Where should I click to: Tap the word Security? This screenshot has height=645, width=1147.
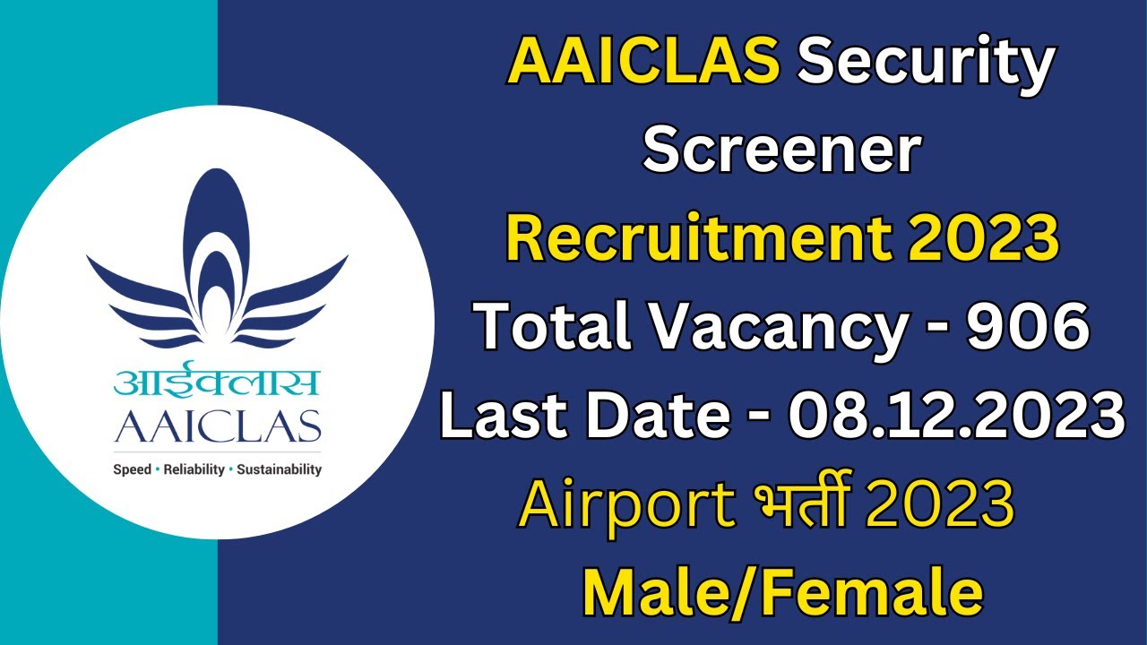925,64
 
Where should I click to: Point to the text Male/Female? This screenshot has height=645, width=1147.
781,591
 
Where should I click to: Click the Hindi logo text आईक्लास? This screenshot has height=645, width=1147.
217,383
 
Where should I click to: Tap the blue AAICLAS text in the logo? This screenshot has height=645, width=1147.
217,427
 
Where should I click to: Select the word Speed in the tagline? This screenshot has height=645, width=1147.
132,469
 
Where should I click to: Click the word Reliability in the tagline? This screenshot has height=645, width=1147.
194,469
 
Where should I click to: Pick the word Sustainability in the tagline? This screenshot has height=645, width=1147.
279,469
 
